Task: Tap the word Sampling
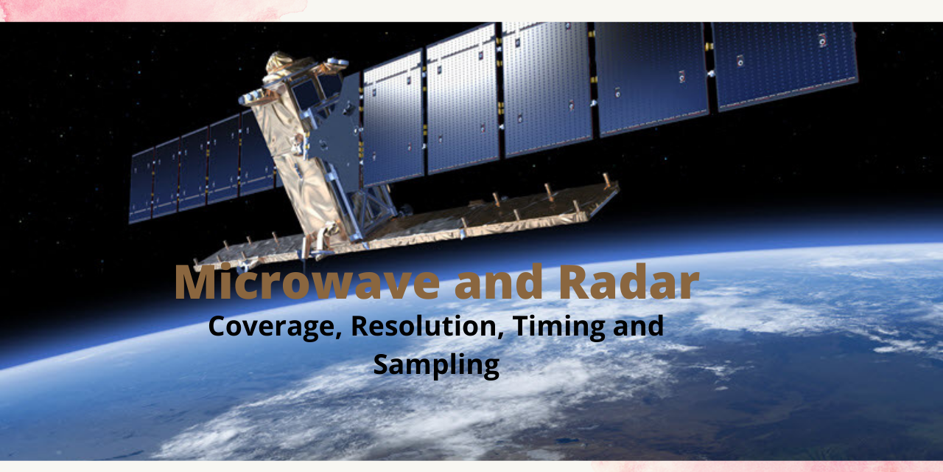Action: [x=436, y=364]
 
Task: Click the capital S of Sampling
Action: [x=382, y=364]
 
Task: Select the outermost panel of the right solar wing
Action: [x=785, y=63]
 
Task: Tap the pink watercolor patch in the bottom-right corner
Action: [x=774, y=466]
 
